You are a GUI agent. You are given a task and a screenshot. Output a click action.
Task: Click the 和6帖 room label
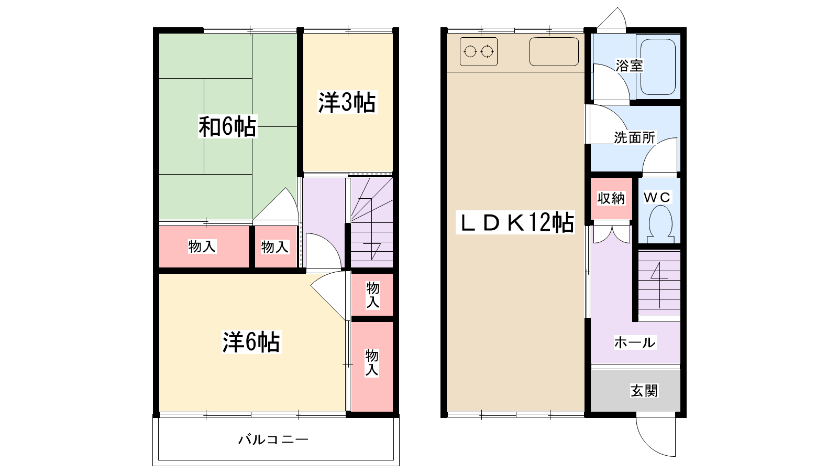tap(227, 126)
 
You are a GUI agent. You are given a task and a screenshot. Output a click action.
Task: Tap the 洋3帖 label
tap(347, 102)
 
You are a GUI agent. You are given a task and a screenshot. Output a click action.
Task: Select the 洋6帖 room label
tap(251, 342)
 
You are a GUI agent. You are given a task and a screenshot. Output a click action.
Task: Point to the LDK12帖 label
tap(515, 222)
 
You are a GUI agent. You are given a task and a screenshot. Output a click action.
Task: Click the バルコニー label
tap(273, 439)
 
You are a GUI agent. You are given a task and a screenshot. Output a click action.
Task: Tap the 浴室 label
tap(629, 66)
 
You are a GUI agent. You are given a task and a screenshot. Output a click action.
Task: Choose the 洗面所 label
tap(634, 137)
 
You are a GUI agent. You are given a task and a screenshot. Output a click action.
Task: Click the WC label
tap(657, 197)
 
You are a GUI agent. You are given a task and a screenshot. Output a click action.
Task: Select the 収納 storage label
tap(611, 198)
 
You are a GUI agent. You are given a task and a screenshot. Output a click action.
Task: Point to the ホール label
tap(635, 342)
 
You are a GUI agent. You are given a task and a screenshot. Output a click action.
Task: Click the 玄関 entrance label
tap(644, 391)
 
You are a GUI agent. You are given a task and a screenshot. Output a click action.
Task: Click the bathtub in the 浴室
tap(658, 67)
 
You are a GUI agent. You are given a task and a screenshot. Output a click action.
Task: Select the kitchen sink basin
tap(554, 52)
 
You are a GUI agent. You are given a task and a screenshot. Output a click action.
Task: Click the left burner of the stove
tap(470, 52)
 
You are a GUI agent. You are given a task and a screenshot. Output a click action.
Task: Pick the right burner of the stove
tap(487, 52)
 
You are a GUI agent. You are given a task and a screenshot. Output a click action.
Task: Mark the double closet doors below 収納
tap(612, 234)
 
